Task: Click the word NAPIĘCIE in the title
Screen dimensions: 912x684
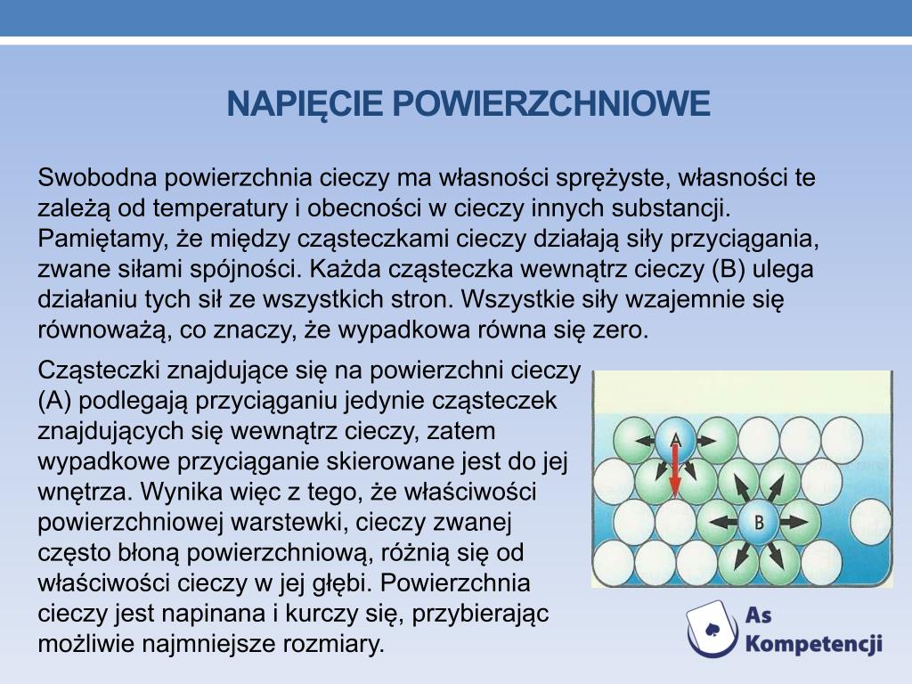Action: click(305, 103)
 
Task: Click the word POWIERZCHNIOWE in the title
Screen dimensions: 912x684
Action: click(551, 103)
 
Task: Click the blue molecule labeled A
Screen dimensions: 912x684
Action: click(675, 440)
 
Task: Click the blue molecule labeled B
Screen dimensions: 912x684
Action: click(759, 522)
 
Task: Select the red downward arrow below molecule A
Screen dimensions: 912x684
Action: click(675, 470)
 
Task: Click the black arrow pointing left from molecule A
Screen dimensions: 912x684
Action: click(645, 441)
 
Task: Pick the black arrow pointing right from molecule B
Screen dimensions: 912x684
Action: click(794, 522)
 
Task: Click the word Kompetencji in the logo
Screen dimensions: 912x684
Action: click(813, 644)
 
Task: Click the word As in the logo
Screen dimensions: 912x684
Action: click(759, 615)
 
